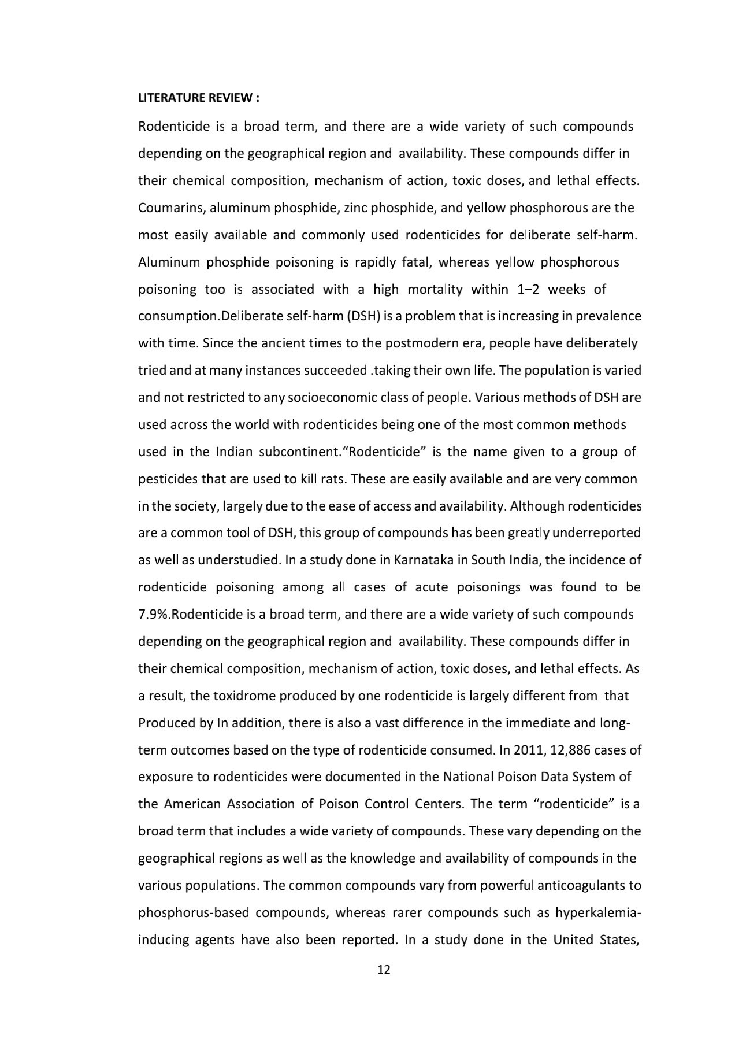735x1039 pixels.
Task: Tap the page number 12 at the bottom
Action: [x=384, y=970]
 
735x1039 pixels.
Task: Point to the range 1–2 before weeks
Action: [x=528, y=289]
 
